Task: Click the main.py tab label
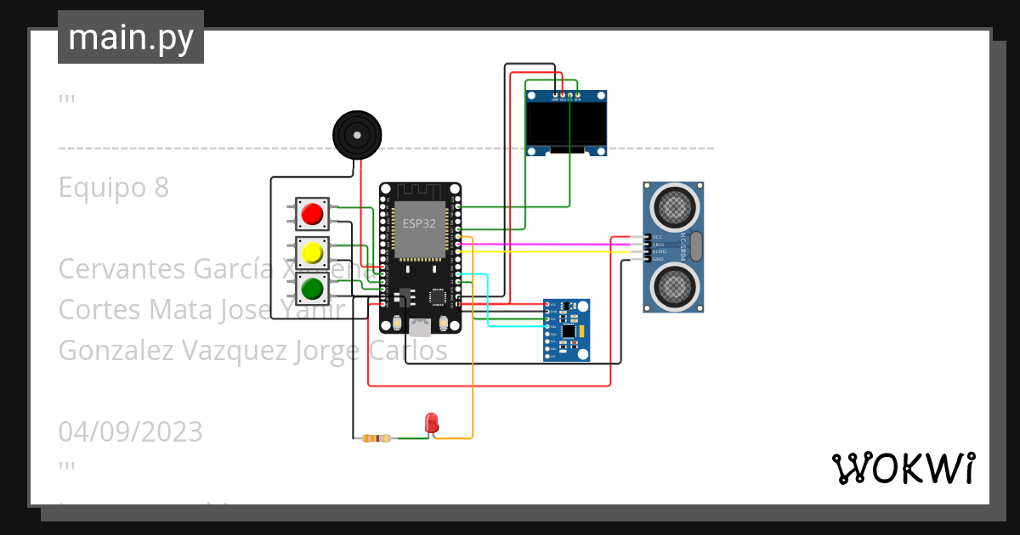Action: point(131,38)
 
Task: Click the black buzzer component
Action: point(356,134)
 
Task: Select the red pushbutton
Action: point(312,213)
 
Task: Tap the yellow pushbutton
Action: point(312,252)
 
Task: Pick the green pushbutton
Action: point(312,289)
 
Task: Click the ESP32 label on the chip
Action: point(418,224)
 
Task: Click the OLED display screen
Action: point(566,124)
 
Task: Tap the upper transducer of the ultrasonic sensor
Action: point(674,205)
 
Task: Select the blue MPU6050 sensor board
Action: point(567,329)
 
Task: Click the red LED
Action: point(431,421)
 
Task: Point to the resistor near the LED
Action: point(376,438)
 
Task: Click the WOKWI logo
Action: point(903,469)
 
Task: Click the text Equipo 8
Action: point(114,188)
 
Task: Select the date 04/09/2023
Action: point(130,432)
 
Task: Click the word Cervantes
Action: point(122,269)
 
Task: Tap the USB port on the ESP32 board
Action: point(419,325)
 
